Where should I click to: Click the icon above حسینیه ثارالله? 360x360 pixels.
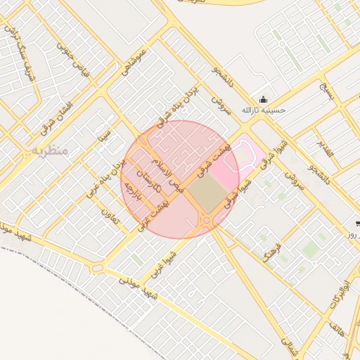click(263, 98)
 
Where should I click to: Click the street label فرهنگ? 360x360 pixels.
click(273, 252)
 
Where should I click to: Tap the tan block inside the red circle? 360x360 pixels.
click(207, 193)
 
